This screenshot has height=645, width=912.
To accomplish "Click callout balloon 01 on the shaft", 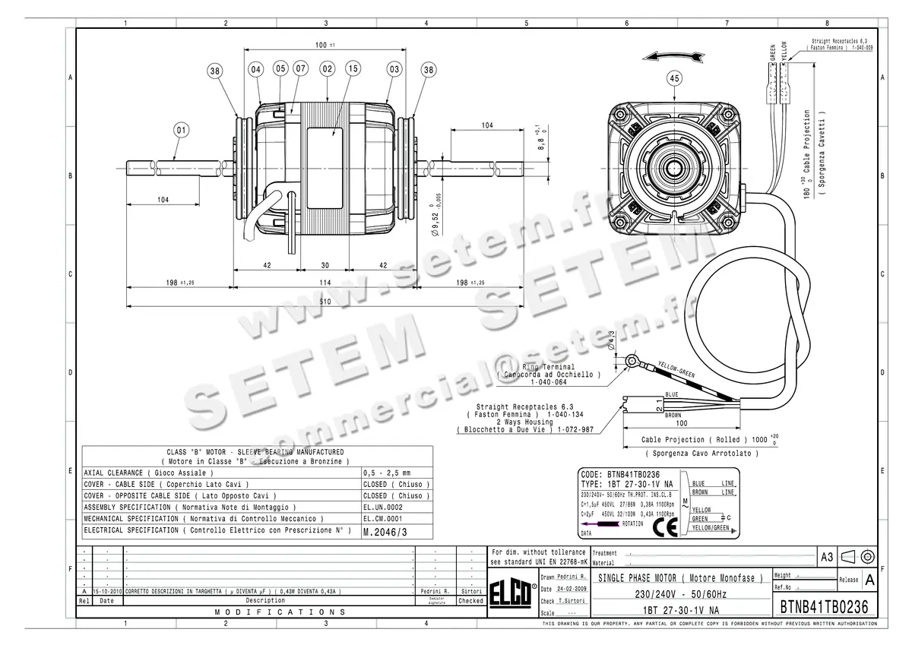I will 181,130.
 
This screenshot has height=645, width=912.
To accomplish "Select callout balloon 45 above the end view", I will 673,77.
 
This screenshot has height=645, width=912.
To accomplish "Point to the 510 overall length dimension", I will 325,301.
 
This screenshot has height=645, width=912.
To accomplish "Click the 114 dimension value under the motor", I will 325,282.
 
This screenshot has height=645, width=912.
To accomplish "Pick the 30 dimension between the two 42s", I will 325,266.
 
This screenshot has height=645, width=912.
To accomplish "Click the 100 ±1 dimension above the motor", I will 325,45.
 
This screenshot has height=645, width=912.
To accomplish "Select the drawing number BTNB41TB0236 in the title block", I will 825,608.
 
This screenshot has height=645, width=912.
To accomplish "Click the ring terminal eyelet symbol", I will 630,360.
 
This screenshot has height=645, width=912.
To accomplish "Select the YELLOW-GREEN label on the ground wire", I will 676,369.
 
